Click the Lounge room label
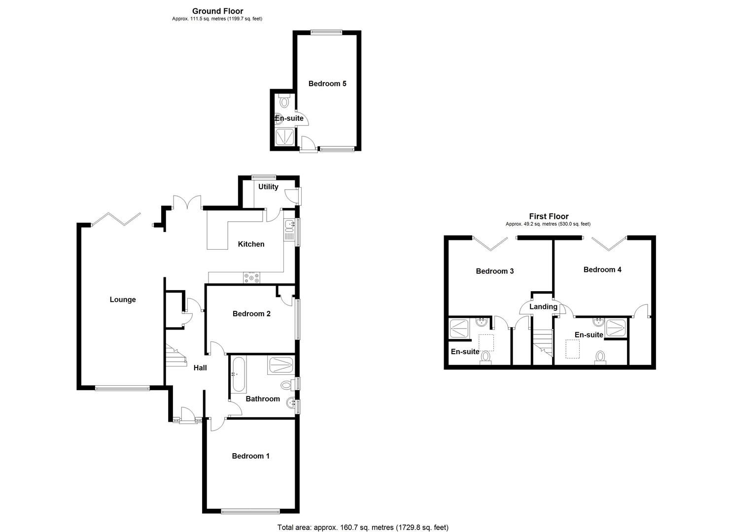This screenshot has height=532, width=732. (123, 299)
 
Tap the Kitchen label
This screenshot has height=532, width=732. (251, 244)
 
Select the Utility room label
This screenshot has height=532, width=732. (268, 187)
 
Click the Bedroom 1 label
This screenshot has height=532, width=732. (250, 456)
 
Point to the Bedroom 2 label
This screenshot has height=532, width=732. (251, 314)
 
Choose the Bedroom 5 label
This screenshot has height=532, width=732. (327, 84)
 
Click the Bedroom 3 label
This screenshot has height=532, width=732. (494, 271)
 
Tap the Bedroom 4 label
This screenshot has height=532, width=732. (602, 270)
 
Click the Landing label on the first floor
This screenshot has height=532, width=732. (543, 307)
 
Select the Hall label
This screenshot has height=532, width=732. (200, 367)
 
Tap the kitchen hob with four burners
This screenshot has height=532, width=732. (251, 278)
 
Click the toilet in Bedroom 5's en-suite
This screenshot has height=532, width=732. (284, 102)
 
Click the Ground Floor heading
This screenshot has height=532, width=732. (217, 11)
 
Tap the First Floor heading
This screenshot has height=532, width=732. (549, 216)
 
